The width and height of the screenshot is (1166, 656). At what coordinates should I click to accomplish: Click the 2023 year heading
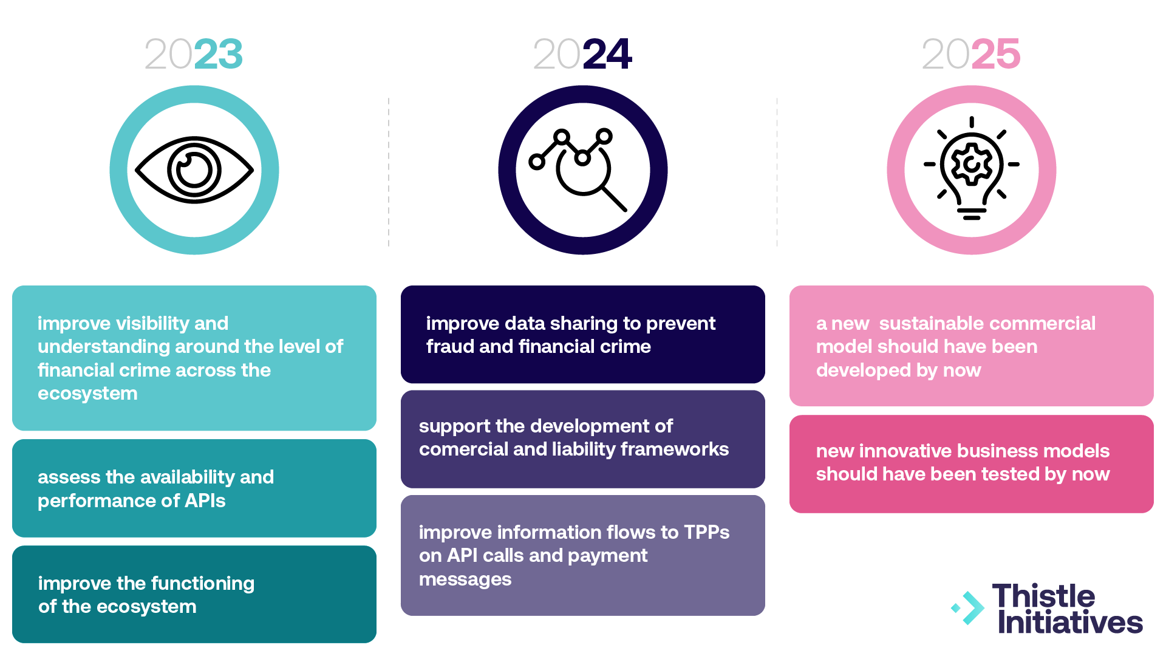[x=194, y=54]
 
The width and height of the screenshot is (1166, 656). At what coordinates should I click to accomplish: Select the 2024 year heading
[x=582, y=54]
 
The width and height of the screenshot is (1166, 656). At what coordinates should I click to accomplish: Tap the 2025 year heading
[x=971, y=54]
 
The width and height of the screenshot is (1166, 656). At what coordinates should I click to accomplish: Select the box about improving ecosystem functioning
[x=194, y=594]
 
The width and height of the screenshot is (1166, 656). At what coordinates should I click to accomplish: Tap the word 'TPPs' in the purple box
[x=707, y=532]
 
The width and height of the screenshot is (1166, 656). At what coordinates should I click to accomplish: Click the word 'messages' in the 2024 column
[x=465, y=579]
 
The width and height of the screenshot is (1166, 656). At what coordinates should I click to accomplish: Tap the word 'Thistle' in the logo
[x=1043, y=596]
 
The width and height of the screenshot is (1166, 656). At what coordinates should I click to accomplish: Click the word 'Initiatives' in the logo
[x=1070, y=623]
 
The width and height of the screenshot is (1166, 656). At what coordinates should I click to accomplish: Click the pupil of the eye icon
[x=194, y=168]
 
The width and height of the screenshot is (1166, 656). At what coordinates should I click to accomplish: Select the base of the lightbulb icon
[x=972, y=213]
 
